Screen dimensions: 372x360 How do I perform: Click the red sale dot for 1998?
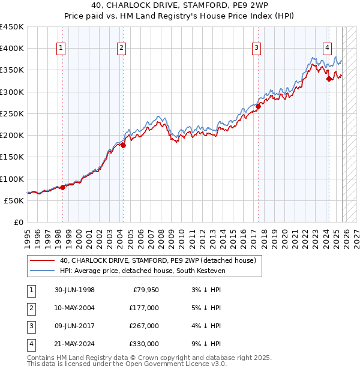click(x=62, y=187)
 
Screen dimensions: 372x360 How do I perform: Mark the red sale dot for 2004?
click(x=123, y=145)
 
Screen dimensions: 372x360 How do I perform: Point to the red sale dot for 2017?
click(x=257, y=106)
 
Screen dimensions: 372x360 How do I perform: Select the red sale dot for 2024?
click(x=329, y=79)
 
